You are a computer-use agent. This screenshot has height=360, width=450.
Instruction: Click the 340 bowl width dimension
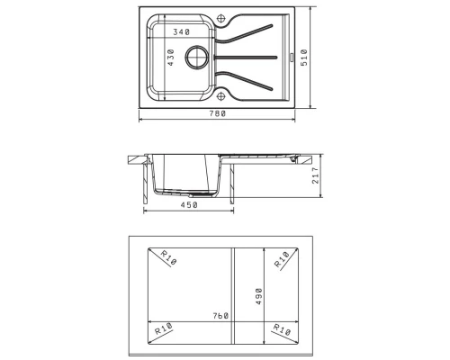point(182,31)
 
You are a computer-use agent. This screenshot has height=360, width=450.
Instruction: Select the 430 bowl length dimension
point(170,58)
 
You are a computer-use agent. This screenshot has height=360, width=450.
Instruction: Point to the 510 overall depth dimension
point(304,58)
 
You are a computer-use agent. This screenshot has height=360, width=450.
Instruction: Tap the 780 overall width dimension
point(217,113)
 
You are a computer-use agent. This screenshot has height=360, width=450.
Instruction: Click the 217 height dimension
point(316,175)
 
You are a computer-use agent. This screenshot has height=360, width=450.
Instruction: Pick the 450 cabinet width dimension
point(189,205)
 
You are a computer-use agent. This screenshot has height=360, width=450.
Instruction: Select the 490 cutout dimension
point(258,296)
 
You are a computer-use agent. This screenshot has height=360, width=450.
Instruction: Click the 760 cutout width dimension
point(220,316)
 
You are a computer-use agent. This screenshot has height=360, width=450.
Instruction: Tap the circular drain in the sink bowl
point(197,58)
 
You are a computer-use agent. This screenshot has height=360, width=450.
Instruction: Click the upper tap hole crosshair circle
point(220,19)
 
